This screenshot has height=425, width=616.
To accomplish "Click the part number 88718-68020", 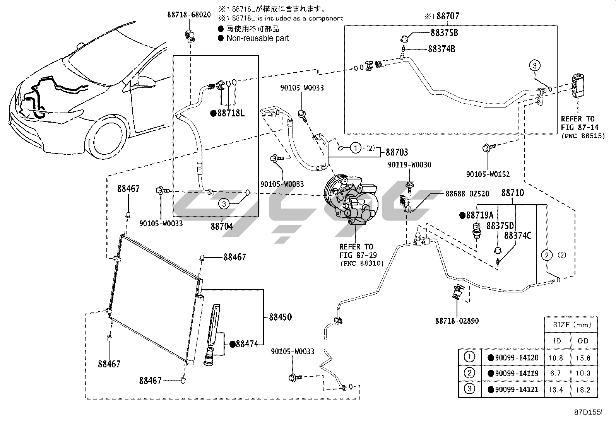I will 189,15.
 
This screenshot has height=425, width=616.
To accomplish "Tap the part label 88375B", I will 444,33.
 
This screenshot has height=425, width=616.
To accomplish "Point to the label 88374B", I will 441,49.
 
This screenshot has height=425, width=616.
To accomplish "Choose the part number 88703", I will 397,152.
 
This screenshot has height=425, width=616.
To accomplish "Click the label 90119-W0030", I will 410,165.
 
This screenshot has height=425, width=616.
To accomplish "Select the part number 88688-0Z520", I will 467,194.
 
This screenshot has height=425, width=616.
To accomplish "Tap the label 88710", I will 513,193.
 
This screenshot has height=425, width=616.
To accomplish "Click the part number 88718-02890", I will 457,321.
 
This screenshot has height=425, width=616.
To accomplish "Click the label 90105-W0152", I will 488,174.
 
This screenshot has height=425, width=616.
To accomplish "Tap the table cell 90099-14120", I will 516,358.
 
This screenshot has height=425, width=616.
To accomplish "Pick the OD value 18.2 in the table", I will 583,389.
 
